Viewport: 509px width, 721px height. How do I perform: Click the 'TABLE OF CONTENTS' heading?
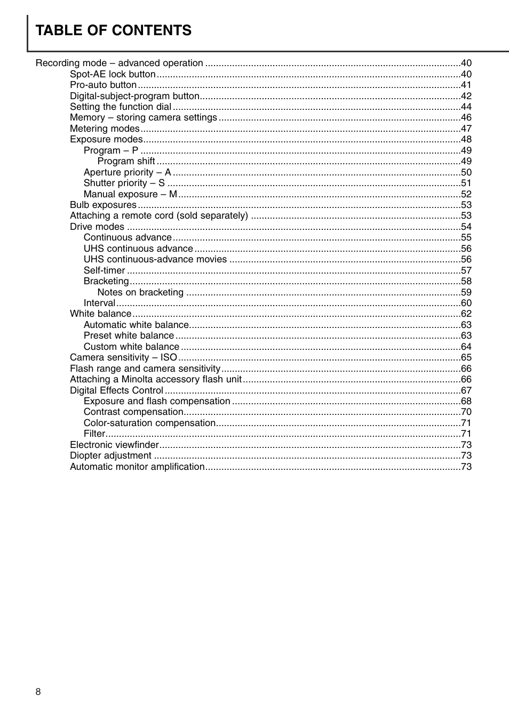[x=113, y=30]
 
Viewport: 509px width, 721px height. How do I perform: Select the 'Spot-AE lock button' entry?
[x=113, y=74]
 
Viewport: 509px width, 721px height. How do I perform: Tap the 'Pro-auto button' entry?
[x=103, y=85]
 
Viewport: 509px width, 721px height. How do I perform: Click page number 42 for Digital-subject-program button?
[x=466, y=96]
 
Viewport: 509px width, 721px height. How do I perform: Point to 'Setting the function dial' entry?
[x=121, y=107]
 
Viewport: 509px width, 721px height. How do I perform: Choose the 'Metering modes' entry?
[x=105, y=129]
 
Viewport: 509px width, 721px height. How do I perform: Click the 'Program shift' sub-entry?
[x=126, y=161]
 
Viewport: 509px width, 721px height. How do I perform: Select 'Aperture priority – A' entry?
[x=127, y=172]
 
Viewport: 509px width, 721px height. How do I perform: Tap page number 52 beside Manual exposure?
[x=466, y=194]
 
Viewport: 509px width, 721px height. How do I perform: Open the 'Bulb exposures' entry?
[x=103, y=205]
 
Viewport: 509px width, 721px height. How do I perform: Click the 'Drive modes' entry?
[x=97, y=227]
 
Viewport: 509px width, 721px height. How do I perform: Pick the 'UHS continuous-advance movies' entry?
[x=155, y=259]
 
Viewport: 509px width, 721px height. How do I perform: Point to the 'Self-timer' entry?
[x=104, y=270]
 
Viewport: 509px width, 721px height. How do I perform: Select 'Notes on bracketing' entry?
[x=140, y=292]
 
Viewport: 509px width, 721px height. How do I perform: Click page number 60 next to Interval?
[x=466, y=303]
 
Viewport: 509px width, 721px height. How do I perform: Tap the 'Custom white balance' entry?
[x=131, y=347]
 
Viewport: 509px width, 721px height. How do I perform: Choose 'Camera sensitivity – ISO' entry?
[x=123, y=357]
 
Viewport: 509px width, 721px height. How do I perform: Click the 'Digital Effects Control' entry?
[x=116, y=390]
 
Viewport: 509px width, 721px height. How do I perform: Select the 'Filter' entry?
[x=94, y=434]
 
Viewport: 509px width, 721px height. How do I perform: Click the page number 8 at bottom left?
[x=38, y=692]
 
